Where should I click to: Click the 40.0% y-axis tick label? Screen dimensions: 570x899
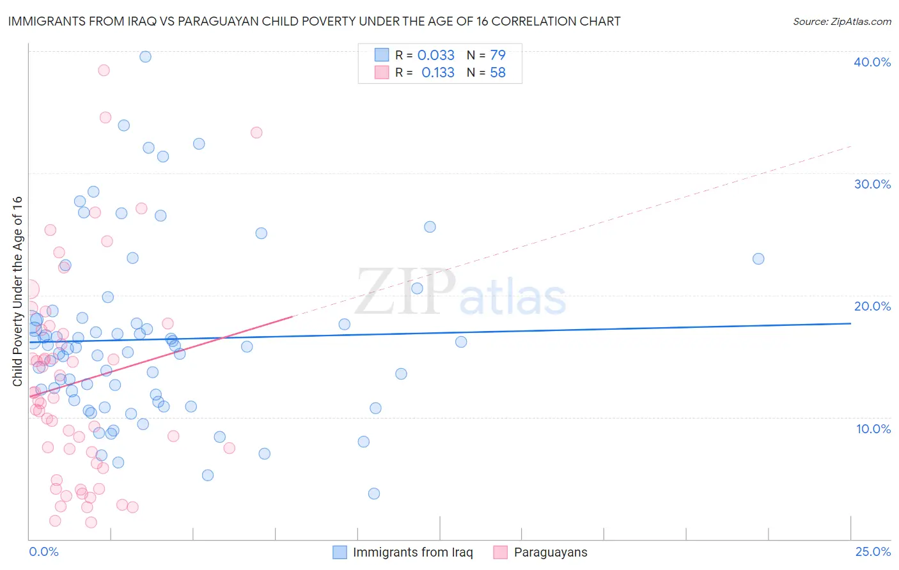[872, 62]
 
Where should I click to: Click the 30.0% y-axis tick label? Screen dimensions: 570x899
[872, 184]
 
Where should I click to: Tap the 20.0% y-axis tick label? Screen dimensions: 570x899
[872, 306]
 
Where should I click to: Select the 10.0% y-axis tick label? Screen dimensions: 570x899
[873, 429]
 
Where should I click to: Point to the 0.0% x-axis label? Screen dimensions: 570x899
[43, 551]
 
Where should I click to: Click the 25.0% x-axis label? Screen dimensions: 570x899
[873, 551]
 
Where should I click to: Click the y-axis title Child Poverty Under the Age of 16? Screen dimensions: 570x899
[17, 291]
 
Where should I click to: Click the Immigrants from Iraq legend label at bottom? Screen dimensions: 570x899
[412, 552]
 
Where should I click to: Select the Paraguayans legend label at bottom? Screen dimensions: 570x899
[550, 552]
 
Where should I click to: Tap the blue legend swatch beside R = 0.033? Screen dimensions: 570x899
[382, 55]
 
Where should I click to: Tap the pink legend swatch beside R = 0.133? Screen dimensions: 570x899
[382, 72]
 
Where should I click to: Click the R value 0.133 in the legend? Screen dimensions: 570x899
[438, 72]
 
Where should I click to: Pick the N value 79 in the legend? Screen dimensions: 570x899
[497, 55]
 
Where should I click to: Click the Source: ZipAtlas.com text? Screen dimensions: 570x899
[841, 22]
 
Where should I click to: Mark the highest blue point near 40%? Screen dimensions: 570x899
[145, 56]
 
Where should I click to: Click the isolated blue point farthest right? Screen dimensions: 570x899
[758, 259]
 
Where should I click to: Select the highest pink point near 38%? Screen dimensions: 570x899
[104, 70]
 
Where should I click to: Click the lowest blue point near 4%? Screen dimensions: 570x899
[374, 493]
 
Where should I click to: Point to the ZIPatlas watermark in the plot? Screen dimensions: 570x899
[460, 293]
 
